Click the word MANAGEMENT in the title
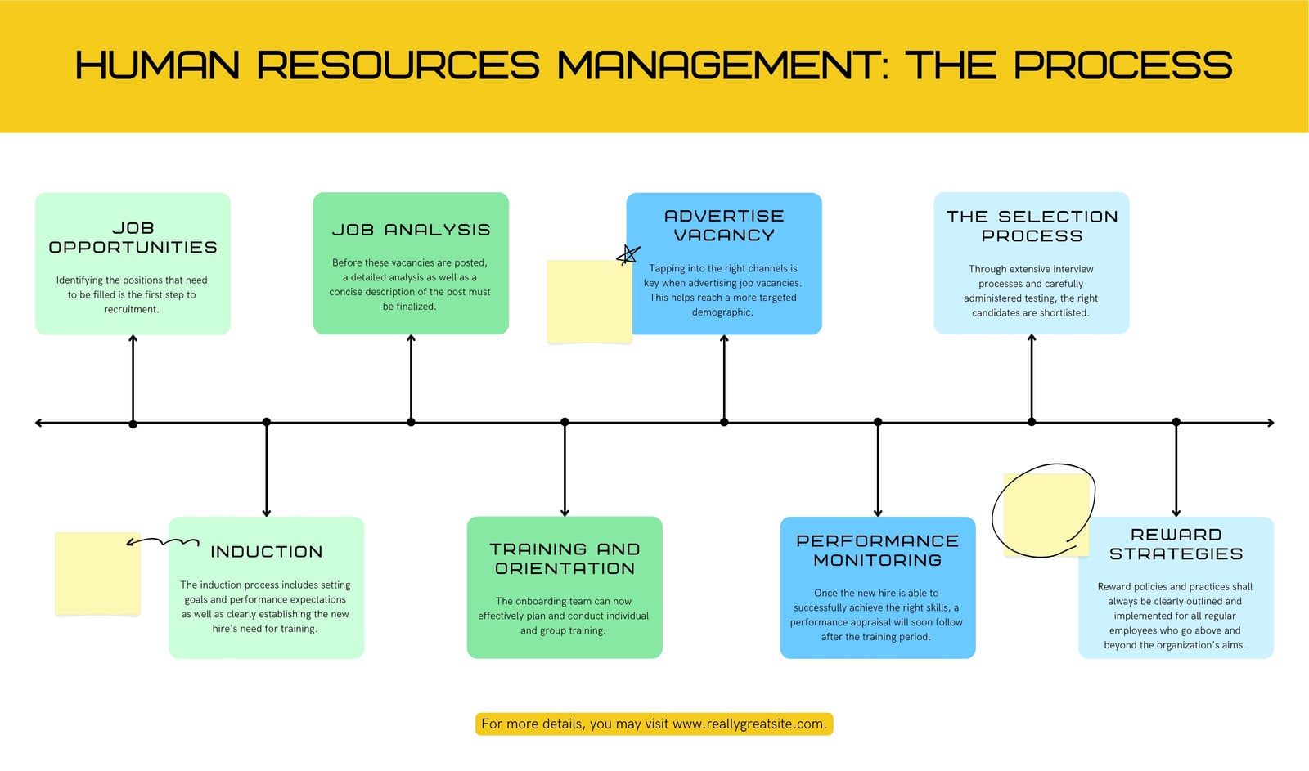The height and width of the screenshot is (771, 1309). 722,65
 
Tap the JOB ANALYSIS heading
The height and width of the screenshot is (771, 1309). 411,230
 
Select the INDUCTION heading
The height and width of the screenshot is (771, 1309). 267,551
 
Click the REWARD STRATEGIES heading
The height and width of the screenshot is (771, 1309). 1176,544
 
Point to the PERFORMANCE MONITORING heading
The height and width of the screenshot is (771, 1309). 878,550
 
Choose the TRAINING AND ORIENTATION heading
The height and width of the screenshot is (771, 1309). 565,558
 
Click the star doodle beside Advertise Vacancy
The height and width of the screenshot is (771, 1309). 628,255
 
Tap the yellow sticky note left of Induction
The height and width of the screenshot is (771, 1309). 97,574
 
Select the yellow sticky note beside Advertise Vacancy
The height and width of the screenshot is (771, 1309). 589,302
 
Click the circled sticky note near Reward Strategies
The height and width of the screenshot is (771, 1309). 1046,514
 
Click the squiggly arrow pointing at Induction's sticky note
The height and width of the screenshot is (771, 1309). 163,542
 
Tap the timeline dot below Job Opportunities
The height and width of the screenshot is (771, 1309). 133,424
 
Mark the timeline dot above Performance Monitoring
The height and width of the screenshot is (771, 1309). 878,422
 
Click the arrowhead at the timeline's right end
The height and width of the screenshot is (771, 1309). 1271,423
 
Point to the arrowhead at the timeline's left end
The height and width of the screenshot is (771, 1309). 38,423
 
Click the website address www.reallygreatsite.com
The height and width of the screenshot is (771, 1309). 749,724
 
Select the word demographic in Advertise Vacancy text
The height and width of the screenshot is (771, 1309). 722,312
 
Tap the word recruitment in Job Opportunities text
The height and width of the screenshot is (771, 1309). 132,310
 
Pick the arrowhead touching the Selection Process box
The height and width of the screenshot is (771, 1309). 1032,338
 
